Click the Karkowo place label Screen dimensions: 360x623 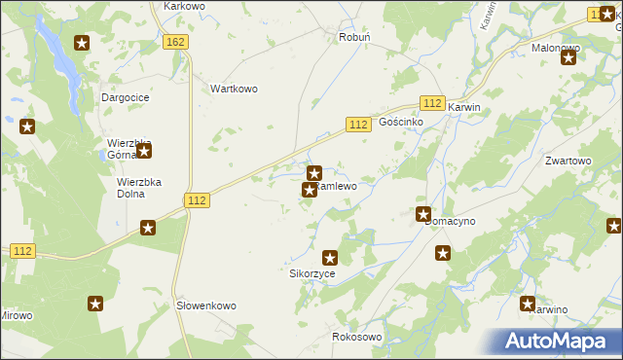point(185,6)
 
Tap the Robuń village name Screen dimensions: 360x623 point(351,37)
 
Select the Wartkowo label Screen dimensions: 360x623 point(234,89)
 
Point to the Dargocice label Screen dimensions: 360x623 point(125,97)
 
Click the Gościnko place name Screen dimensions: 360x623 point(400,123)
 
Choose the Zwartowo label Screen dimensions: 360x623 point(568,161)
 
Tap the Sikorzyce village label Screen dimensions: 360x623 point(312,274)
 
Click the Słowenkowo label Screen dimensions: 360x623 point(205,306)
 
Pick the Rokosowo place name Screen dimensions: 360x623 point(357,337)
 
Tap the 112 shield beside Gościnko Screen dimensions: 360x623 point(358,124)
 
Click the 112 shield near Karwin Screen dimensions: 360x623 point(433,103)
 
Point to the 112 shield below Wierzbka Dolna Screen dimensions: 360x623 point(197,199)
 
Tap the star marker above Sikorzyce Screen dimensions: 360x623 point(330,258)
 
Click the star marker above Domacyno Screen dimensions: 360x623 point(423,214)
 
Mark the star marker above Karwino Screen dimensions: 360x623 point(528,304)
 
